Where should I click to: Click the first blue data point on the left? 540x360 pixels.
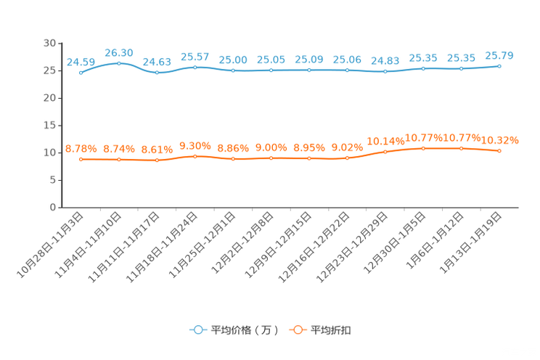coord(81,73)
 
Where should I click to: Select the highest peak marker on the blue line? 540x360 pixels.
coord(119,63)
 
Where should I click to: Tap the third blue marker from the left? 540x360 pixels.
coord(157,73)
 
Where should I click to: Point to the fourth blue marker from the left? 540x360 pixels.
coord(195,67)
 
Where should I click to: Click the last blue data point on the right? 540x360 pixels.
coord(499,66)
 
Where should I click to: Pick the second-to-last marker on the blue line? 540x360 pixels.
coord(461,69)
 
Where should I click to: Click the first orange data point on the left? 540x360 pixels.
coord(81,159)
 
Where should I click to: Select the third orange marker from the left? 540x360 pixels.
coord(157,160)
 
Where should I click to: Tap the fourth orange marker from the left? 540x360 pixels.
coord(195,156)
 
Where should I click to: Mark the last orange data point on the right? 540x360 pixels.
coord(499,151)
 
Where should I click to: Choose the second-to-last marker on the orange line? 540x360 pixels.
coord(461,148)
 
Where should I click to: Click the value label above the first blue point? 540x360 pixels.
coord(81,62)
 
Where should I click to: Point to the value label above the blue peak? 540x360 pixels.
coord(119,52)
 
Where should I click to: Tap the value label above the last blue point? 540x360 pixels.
coord(499,55)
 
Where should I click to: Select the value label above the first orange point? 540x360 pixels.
coord(81,149)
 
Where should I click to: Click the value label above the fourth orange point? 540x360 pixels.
coord(195,146)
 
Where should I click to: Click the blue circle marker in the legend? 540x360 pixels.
coord(197,330)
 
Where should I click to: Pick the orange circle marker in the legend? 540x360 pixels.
coord(297,330)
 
